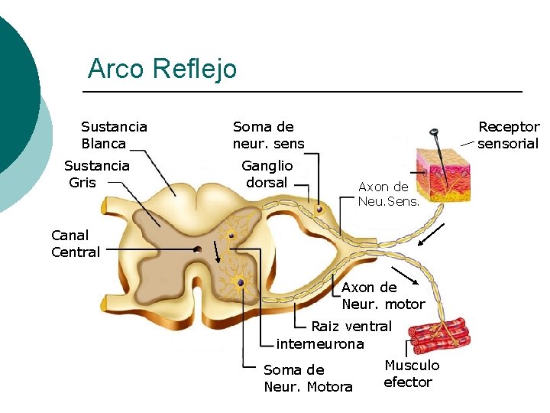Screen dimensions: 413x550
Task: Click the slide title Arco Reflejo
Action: click(x=162, y=69)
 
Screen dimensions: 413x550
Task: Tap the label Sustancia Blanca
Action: click(x=114, y=135)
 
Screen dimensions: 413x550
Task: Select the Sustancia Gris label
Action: click(x=96, y=174)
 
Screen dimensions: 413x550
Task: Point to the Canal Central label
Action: click(x=76, y=243)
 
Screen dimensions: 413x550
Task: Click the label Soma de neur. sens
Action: click(x=268, y=135)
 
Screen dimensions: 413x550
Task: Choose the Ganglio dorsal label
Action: click(x=267, y=174)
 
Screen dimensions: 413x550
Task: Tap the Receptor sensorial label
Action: click(x=508, y=135)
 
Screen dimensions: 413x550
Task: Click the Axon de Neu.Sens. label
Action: click(x=383, y=193)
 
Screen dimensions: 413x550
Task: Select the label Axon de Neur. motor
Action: click(x=383, y=295)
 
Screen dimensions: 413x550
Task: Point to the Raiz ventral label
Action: click(x=351, y=327)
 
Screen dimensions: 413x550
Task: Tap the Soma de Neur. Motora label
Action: click(x=308, y=378)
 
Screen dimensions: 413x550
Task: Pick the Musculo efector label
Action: click(x=411, y=373)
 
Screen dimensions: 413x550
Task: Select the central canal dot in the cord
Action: click(x=197, y=249)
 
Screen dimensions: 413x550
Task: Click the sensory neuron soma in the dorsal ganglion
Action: click(x=320, y=209)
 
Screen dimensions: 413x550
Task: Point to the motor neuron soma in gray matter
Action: click(x=241, y=283)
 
